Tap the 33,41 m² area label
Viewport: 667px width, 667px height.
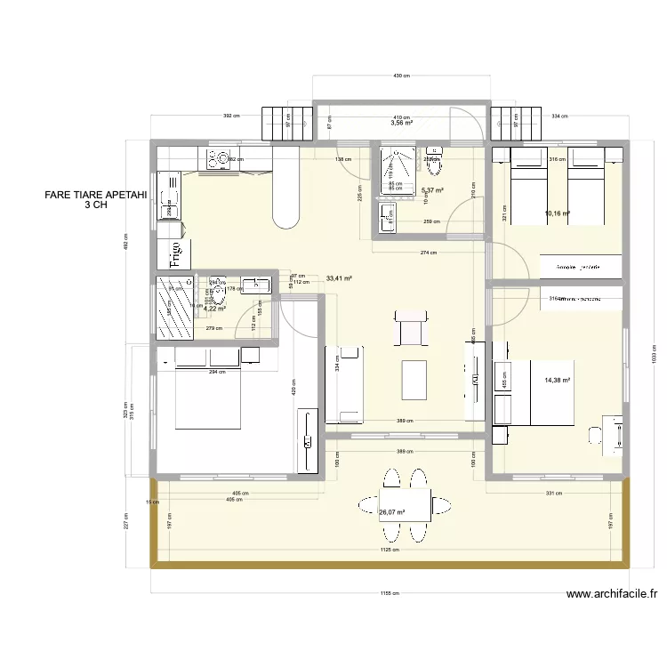(340, 277)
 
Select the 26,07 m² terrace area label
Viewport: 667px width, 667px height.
(391, 512)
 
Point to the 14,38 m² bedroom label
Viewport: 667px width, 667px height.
(557, 381)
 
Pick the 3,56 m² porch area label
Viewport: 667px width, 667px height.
(402, 124)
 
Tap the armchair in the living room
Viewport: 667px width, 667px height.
(411, 328)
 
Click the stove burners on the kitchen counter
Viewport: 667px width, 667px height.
(219, 160)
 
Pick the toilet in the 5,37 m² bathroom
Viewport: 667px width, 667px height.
(434, 161)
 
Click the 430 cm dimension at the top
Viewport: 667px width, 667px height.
(401, 76)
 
